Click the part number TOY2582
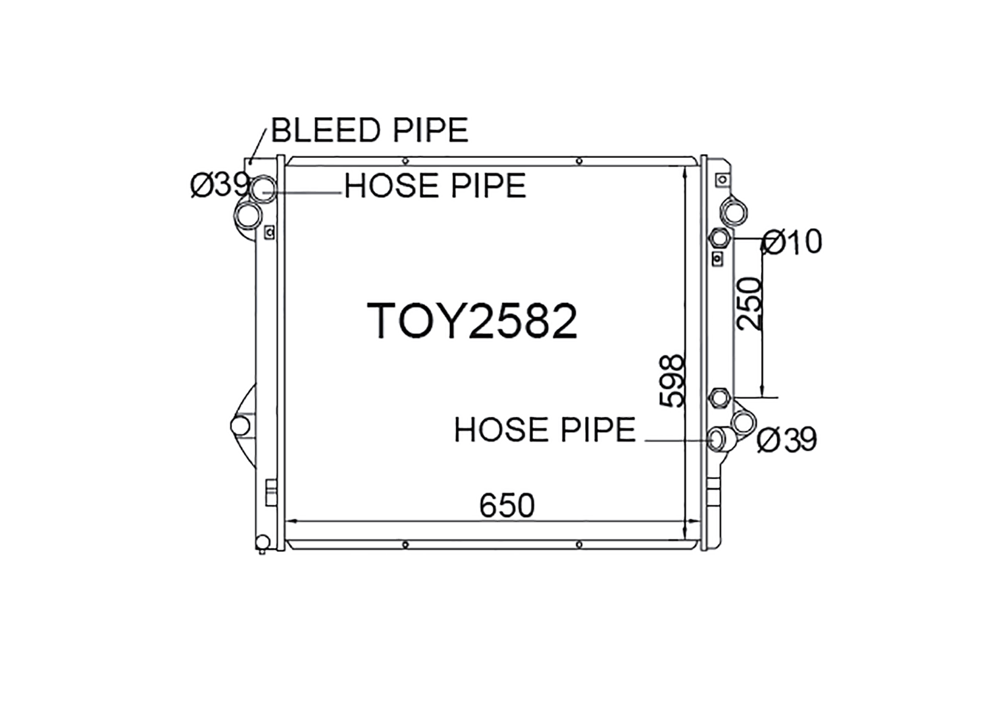[472, 321]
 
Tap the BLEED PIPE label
[369, 130]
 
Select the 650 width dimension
[507, 506]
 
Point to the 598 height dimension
[672, 381]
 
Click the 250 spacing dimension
[749, 303]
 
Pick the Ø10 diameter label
[792, 242]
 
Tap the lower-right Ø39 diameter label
[787, 440]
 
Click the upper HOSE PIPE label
[435, 186]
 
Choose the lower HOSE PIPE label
[545, 430]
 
